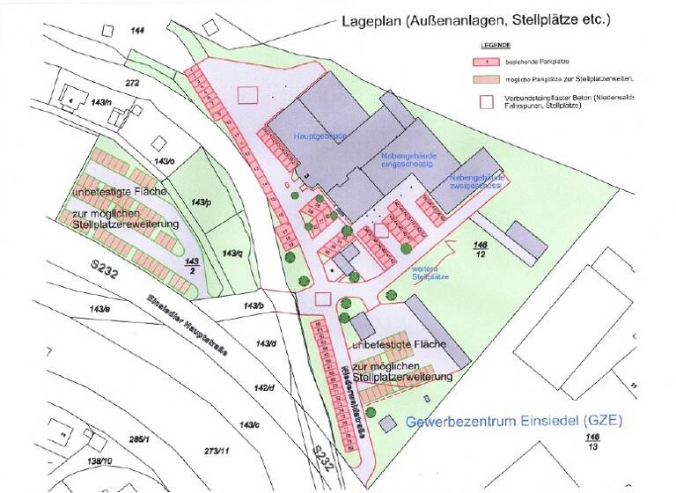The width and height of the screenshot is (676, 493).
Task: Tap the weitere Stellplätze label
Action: click(x=430, y=270)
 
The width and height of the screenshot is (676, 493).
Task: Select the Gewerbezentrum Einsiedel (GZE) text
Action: click(x=514, y=422)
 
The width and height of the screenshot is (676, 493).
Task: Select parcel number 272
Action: click(x=133, y=83)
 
